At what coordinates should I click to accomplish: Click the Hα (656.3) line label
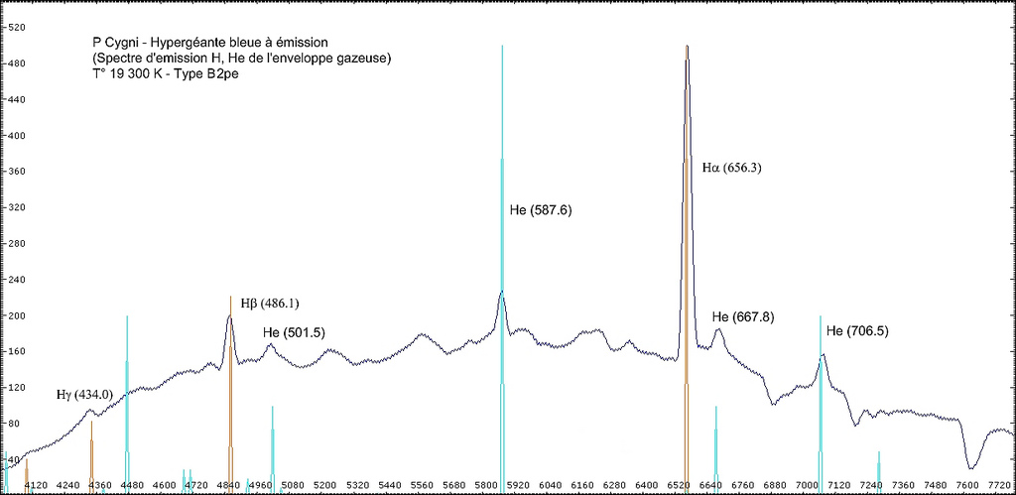coord(731,169)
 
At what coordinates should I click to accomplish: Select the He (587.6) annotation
coord(540,210)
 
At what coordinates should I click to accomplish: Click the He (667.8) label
coord(743,317)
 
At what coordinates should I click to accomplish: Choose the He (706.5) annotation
coord(857,330)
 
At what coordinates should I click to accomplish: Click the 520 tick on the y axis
coord(16,28)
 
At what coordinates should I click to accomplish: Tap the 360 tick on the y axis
coord(16,172)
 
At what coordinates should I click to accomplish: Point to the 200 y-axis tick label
coord(16,315)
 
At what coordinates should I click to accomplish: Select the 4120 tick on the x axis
coord(36,485)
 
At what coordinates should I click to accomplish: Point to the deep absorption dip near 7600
coord(973,464)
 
